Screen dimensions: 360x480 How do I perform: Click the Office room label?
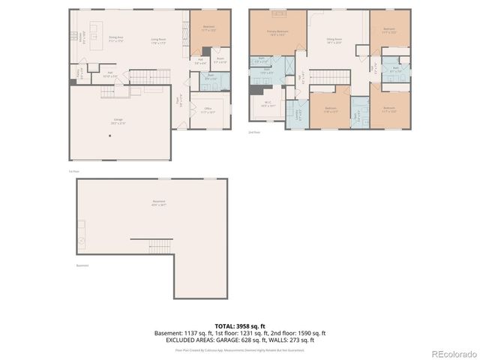(x=208, y=111)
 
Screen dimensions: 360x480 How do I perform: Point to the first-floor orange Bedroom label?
(x=208, y=28)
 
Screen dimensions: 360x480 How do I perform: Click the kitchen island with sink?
(x=94, y=34)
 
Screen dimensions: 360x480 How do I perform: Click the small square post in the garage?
(x=109, y=136)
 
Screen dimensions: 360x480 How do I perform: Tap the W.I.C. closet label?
(x=267, y=106)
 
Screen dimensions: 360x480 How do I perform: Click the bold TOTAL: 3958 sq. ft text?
(x=239, y=326)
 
